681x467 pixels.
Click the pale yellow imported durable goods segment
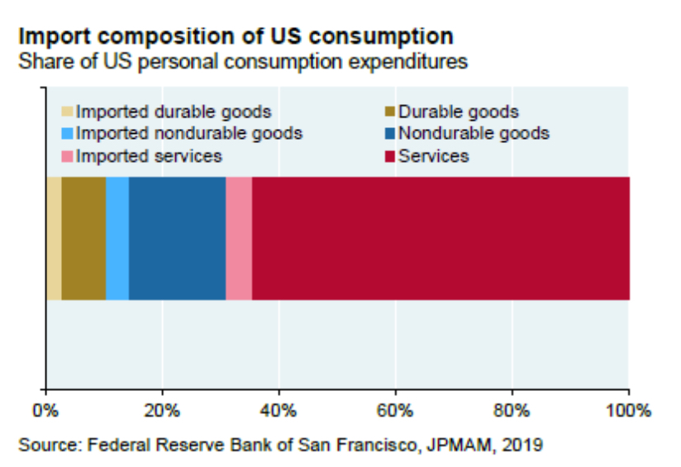pyautogui.click(x=54, y=238)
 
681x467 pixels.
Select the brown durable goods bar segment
pyautogui.click(x=83, y=238)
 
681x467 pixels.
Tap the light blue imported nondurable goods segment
pyautogui.click(x=117, y=238)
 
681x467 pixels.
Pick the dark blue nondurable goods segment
pyautogui.click(x=177, y=238)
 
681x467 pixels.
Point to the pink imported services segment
pyautogui.click(x=239, y=238)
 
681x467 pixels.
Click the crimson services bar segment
pyautogui.click(x=441, y=238)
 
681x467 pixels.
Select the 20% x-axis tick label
pyautogui.click(x=162, y=410)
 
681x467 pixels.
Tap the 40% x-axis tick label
pyautogui.click(x=279, y=410)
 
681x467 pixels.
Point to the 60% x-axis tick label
pyautogui.click(x=395, y=410)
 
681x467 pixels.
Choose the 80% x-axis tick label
pyautogui.click(x=512, y=410)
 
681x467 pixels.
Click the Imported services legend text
pyautogui.click(x=149, y=155)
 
